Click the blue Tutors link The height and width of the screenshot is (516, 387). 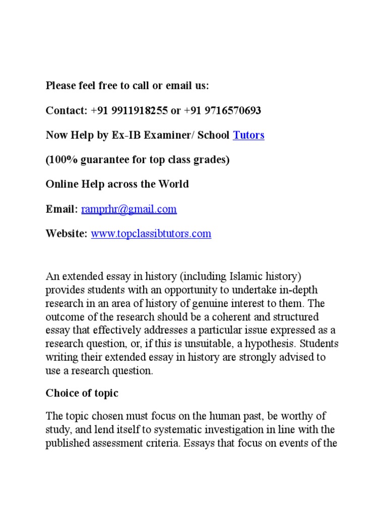click(x=248, y=135)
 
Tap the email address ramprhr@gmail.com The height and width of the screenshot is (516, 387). click(x=129, y=209)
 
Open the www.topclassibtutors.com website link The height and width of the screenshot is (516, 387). click(x=151, y=234)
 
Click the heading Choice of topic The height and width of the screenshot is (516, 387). click(x=82, y=393)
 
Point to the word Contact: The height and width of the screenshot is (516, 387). click(x=67, y=110)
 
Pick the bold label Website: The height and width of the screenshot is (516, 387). click(x=67, y=234)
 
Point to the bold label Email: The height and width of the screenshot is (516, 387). click(x=62, y=209)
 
